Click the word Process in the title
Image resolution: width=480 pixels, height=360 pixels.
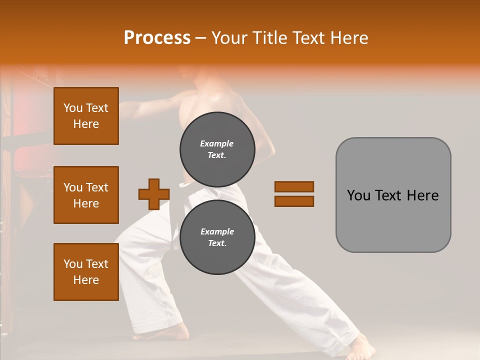[x=157, y=38]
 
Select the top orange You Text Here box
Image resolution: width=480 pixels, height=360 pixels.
[x=86, y=116]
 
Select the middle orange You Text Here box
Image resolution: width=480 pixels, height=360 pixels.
[x=86, y=195]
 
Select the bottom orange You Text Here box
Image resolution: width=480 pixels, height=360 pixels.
[x=86, y=272]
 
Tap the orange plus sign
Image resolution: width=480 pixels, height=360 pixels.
[x=154, y=194]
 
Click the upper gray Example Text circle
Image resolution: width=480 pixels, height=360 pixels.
[x=217, y=149]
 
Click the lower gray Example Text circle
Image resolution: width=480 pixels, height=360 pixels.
[x=217, y=237]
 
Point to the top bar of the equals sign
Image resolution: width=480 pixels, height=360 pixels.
[x=294, y=186]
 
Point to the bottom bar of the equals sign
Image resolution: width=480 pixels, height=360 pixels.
[x=294, y=201]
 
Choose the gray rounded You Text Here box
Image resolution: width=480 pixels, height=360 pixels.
[x=393, y=195]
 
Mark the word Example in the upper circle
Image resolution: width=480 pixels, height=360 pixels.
[x=217, y=143]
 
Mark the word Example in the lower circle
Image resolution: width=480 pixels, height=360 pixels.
[x=217, y=231]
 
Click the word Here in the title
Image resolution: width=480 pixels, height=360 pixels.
[x=347, y=38]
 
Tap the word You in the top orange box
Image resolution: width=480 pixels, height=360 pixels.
[x=73, y=108]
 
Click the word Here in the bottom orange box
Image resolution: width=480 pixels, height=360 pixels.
[x=86, y=280]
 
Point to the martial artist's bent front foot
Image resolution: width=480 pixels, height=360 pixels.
[x=175, y=331]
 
